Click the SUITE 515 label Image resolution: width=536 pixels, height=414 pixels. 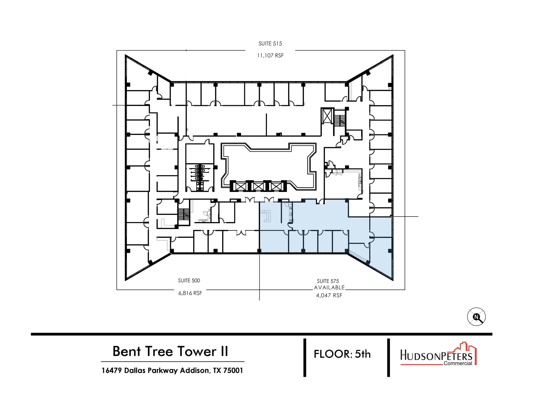tap(270, 44)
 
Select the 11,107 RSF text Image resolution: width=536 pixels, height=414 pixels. tap(270, 55)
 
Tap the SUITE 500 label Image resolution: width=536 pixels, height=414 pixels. tap(189, 281)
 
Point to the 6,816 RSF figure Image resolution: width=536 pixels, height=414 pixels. tap(190, 293)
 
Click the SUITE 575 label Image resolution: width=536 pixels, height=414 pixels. tap(328, 281)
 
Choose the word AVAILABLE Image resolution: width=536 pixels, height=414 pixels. tap(329, 287)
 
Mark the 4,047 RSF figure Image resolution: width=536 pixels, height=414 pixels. tap(329, 295)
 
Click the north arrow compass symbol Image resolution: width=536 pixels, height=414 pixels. tap(476, 317)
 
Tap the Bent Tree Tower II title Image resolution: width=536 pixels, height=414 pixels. tap(170, 351)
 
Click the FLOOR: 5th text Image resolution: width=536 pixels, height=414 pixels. tap(342, 354)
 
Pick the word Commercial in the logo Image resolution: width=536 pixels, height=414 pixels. tap(458, 363)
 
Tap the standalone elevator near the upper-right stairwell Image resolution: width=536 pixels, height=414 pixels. tap(327, 115)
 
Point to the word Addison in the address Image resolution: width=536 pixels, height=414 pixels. tap(195, 371)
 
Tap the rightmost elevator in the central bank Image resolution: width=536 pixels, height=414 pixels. tap(276, 186)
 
